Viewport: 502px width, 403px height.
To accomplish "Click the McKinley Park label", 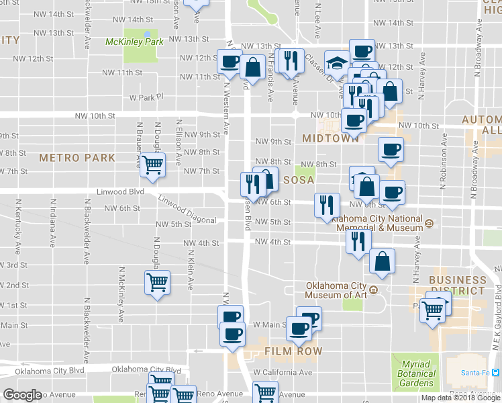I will [x=134, y=42].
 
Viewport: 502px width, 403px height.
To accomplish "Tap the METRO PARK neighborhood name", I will [x=77, y=158].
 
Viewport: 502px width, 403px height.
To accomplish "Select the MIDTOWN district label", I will [x=331, y=138].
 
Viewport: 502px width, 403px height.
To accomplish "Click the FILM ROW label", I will [x=293, y=351].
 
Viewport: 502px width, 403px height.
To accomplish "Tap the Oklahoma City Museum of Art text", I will [x=336, y=289].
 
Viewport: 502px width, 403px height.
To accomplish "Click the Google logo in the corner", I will [x=22, y=395].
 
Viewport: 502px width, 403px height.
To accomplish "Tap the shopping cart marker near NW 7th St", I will [x=154, y=164].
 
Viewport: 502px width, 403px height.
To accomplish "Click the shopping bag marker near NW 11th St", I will [x=253, y=66].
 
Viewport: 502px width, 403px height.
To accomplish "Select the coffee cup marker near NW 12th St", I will [x=230, y=62].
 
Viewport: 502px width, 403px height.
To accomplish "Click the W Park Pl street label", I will [x=146, y=97].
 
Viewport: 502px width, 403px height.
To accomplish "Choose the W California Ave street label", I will [x=283, y=372].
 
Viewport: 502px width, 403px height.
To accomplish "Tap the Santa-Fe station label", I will [x=476, y=373].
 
